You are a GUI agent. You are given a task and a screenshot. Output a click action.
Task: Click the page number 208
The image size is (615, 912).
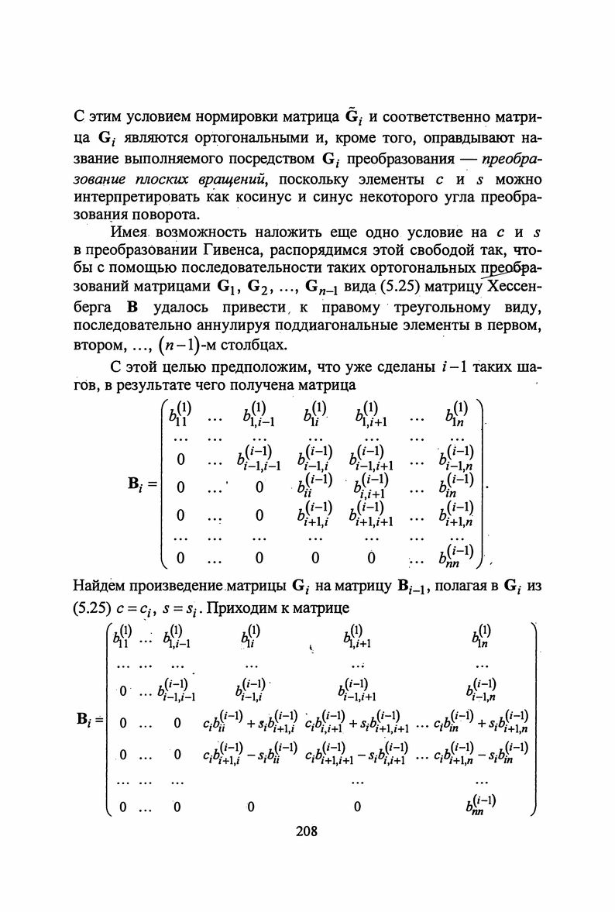pyautogui.click(x=307, y=832)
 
